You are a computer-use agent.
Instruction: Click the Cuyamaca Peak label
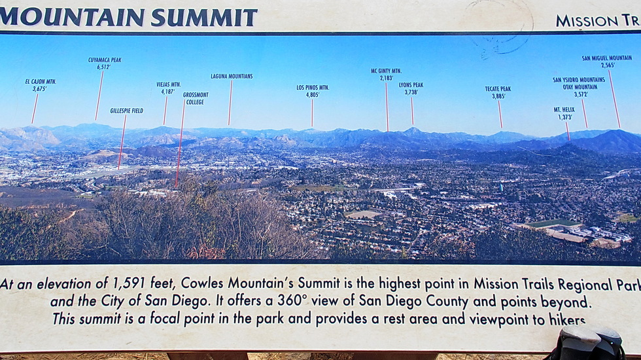point(105,60)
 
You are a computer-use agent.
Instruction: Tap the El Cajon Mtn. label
point(41,82)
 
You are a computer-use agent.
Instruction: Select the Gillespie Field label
point(127,111)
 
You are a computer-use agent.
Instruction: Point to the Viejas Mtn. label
point(169,84)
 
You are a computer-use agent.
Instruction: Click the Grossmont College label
point(196,98)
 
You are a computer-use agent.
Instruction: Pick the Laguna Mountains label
point(232,76)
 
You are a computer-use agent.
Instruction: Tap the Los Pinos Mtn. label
point(313,88)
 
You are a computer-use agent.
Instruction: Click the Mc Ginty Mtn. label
point(387,71)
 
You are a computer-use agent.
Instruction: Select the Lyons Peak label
point(411,85)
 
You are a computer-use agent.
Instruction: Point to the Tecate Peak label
point(498,89)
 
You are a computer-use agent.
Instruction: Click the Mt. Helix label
point(564,110)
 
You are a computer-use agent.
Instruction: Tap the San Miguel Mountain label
point(607,58)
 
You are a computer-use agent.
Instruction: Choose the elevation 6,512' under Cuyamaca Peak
point(104,67)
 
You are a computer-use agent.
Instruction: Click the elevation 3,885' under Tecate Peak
point(498,96)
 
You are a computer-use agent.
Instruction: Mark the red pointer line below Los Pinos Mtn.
point(312,113)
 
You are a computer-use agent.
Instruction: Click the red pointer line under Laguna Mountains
point(230,102)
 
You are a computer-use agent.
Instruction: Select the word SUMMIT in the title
point(204,18)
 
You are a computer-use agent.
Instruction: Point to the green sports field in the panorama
point(553,223)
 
